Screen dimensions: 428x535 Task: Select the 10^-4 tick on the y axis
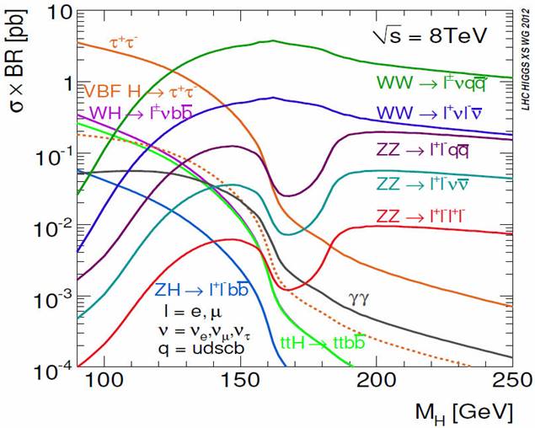pos(51,368)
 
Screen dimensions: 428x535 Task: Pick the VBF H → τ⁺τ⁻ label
pos(141,89)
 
